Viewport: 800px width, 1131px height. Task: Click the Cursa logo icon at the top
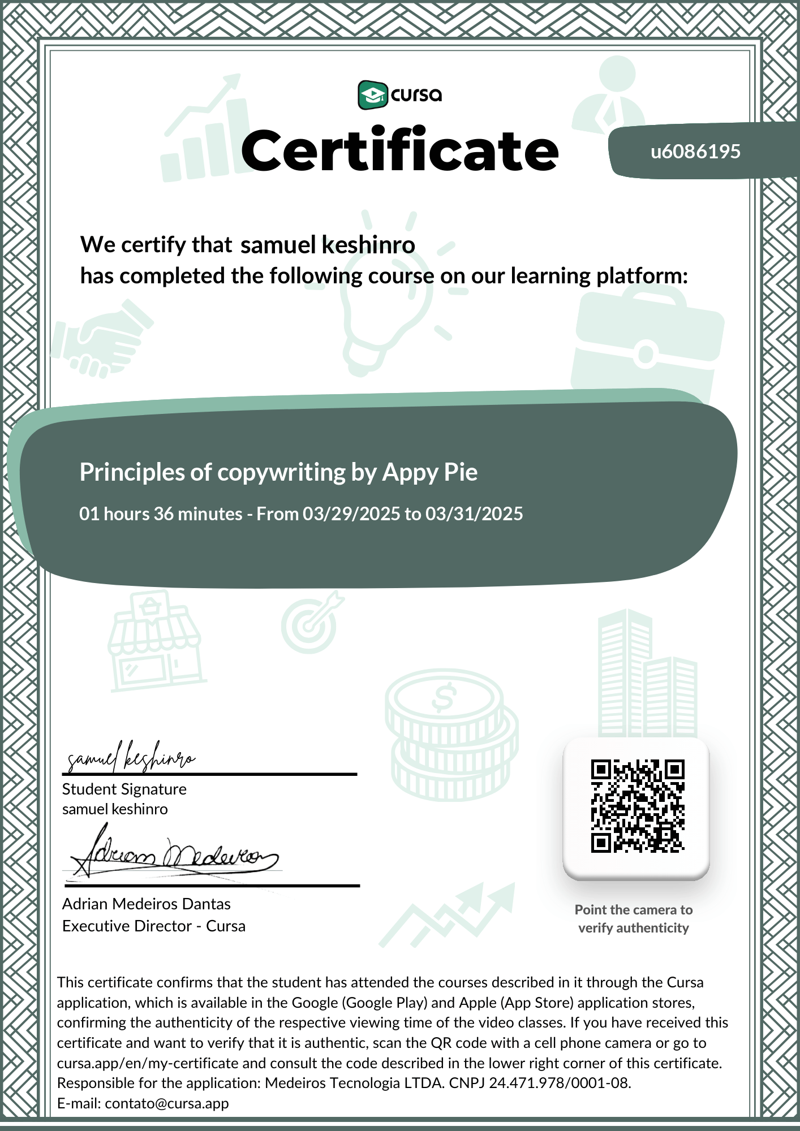click(x=372, y=94)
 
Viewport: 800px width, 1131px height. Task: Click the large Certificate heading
click(x=400, y=150)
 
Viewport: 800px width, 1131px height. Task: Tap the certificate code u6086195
click(x=695, y=152)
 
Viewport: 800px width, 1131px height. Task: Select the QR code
click(x=637, y=806)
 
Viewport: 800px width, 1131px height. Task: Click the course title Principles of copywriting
click(x=278, y=472)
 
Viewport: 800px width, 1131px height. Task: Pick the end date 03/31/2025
click(x=474, y=513)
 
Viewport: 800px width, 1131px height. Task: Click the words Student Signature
click(x=124, y=789)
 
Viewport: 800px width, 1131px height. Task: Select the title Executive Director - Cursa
click(x=154, y=926)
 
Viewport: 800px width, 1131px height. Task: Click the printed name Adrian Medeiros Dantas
click(x=147, y=904)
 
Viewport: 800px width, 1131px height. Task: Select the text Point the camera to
click(x=634, y=909)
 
